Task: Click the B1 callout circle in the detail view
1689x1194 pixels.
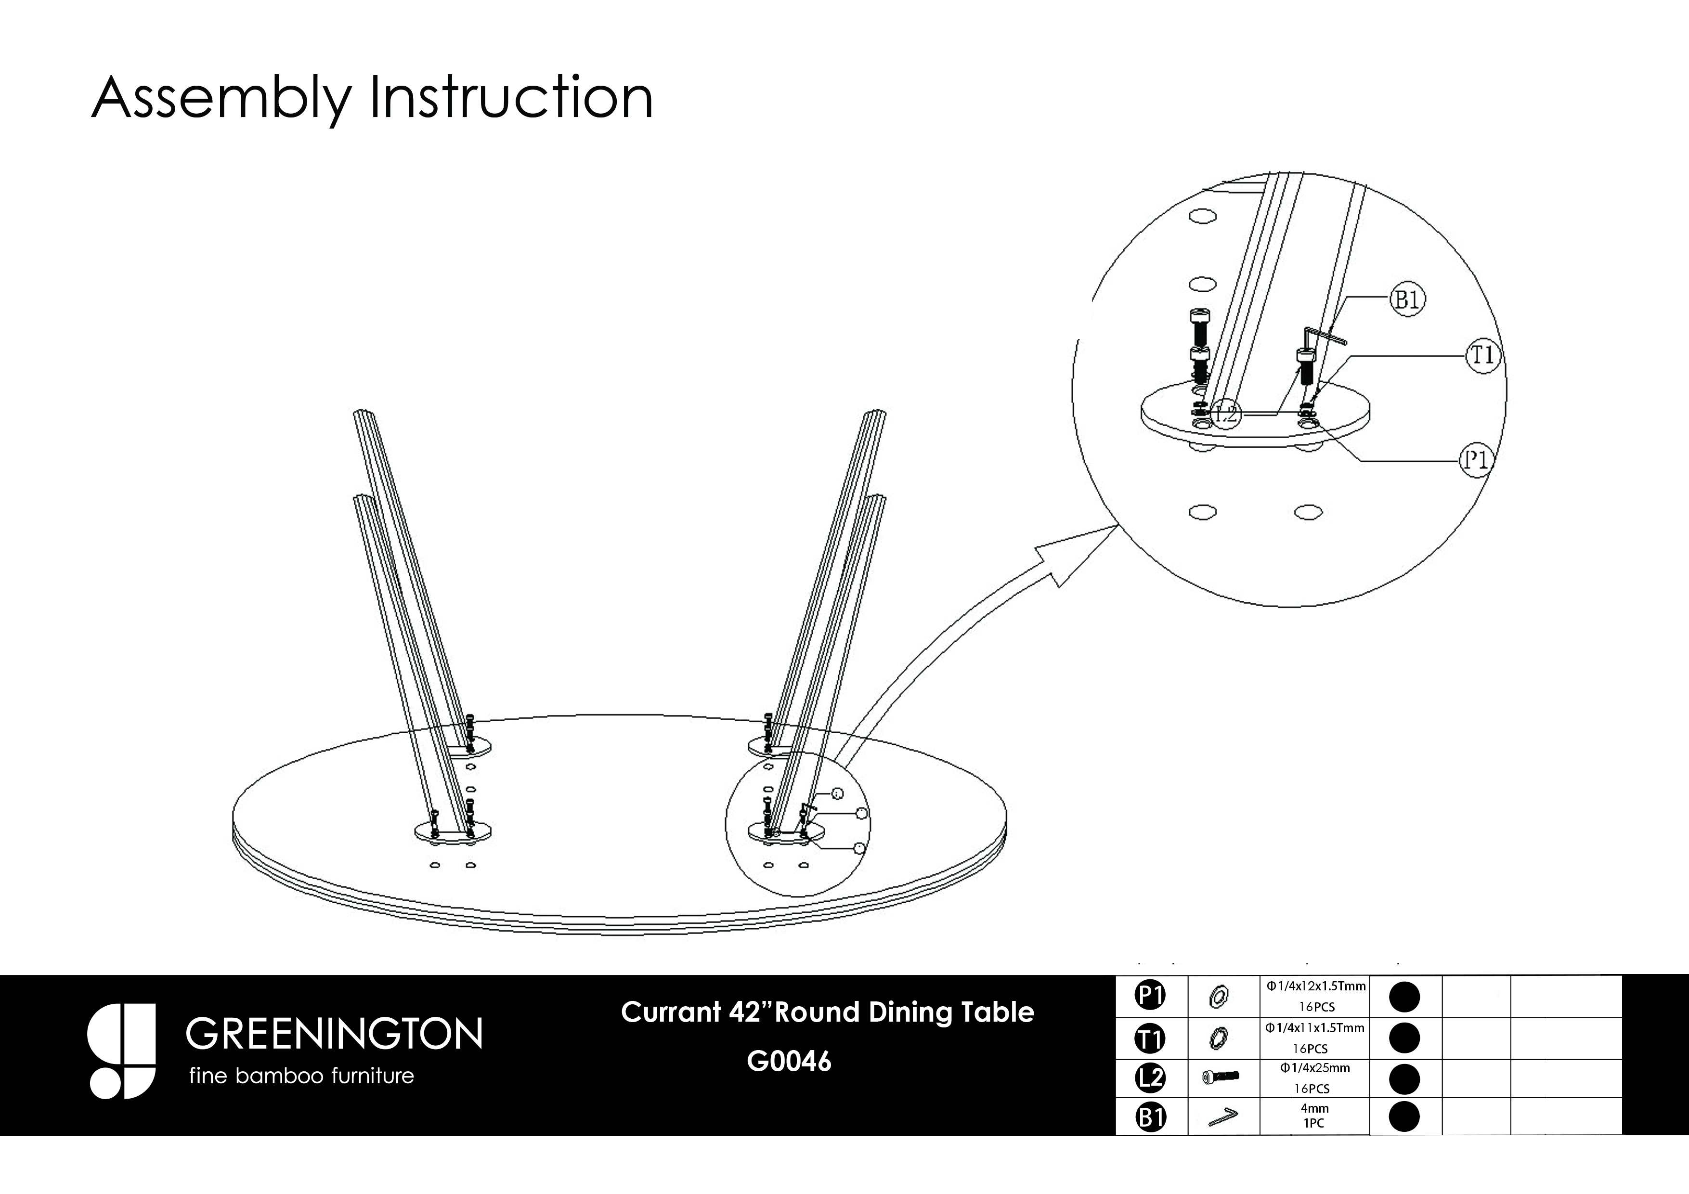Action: tap(1407, 300)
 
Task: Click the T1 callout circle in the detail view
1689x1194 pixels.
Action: tap(1483, 356)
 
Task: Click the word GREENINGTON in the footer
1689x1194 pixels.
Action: tap(335, 1034)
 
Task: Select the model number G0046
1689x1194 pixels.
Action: tap(789, 1062)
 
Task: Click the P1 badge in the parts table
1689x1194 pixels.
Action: tap(1151, 996)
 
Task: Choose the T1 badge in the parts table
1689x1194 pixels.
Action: tap(1151, 1038)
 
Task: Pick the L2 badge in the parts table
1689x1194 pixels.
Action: tap(1151, 1078)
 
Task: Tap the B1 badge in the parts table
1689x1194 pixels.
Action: tap(1151, 1117)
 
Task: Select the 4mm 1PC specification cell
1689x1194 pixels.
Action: tap(1314, 1116)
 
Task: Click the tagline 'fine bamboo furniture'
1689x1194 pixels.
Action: tap(301, 1077)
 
